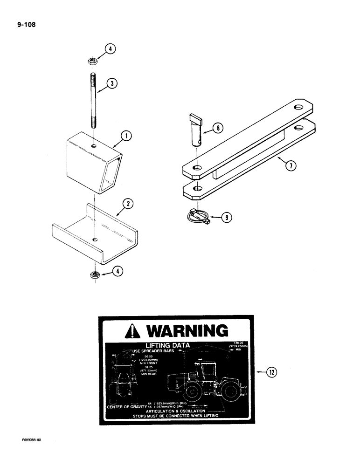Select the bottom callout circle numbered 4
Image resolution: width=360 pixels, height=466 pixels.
pyautogui.click(x=118, y=273)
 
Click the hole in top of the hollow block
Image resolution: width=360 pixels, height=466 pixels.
pyautogui.click(x=94, y=146)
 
